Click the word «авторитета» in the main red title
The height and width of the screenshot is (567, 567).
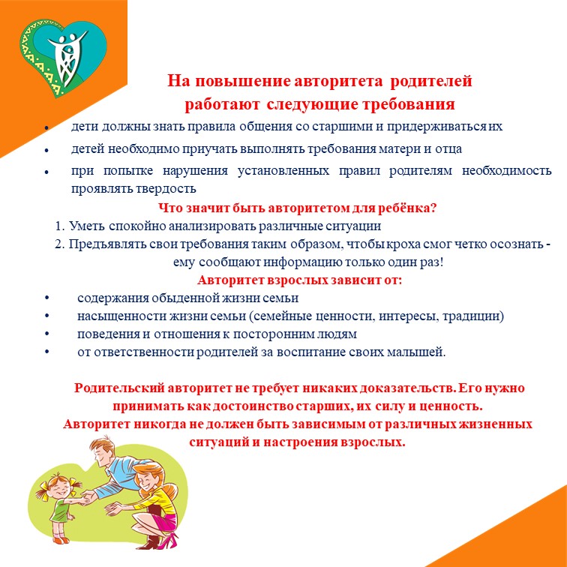coord(338,81)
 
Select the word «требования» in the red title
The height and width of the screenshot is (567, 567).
coord(409,104)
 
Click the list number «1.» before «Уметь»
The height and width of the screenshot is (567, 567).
coord(60,226)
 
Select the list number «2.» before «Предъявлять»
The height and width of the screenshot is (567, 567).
coord(60,244)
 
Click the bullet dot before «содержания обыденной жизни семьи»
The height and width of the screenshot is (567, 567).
coord(46,298)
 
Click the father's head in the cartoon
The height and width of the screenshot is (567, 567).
coord(102,451)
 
